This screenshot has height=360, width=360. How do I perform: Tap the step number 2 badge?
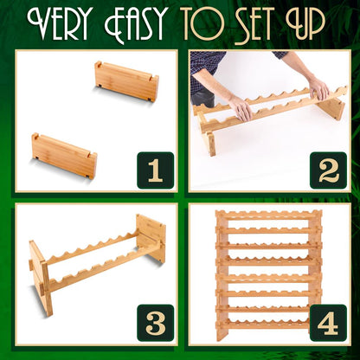click(328, 170)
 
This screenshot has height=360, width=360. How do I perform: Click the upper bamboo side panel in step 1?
click(127, 81)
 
